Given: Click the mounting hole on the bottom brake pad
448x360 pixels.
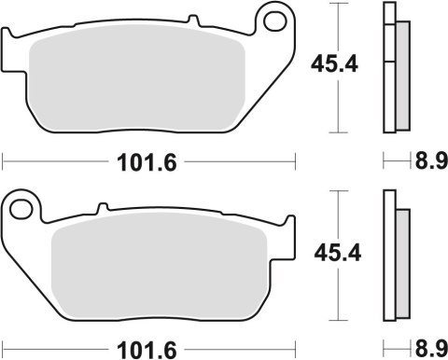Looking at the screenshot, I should (23, 205).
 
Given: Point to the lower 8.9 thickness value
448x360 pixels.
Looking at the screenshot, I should (427, 350).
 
